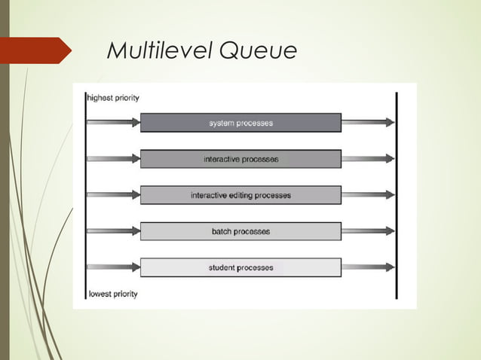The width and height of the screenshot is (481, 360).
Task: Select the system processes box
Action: click(240, 123)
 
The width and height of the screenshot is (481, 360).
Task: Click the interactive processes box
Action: click(240, 159)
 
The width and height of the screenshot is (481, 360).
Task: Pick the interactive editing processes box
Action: click(240, 195)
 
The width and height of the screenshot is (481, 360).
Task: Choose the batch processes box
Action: click(240, 231)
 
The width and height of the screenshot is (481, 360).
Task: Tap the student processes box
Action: click(240, 267)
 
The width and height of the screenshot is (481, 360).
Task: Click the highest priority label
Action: click(113, 97)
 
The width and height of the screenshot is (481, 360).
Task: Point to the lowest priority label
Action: click(113, 294)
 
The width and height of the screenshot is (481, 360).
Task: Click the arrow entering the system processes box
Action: click(114, 123)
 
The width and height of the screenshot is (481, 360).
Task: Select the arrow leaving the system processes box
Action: click(367, 123)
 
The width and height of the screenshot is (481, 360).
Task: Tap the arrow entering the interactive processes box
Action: click(114, 159)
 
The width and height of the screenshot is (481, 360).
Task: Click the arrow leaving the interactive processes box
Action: click(367, 159)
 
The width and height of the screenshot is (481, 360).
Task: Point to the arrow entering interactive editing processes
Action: click(114, 195)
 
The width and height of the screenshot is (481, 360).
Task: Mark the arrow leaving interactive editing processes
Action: click(367, 195)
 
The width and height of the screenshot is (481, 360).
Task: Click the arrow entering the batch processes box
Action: click(114, 231)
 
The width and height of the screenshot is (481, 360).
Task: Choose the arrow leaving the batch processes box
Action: click(367, 231)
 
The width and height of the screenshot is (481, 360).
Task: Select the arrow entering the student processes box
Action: click(114, 267)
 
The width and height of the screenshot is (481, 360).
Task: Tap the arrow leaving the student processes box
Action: click(367, 267)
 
